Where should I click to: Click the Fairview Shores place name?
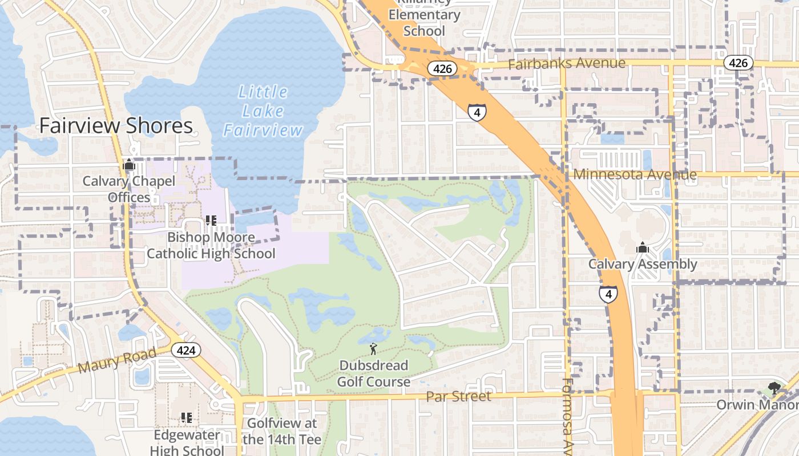point(116,126)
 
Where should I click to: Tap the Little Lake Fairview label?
point(263,111)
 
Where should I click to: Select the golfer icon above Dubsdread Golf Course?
point(373,349)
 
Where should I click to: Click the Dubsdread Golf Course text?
point(373,373)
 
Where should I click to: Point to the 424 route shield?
point(186,350)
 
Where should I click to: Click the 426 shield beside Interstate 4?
point(442,69)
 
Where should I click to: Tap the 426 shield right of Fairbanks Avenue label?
point(738,63)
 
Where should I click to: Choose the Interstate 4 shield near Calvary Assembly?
point(608,294)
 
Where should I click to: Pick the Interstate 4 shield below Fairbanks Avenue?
point(477,112)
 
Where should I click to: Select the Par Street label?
point(459,396)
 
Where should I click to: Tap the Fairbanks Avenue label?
point(567,63)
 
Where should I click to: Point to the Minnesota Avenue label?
point(635,174)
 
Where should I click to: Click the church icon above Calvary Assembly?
point(643,248)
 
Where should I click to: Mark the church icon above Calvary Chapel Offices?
point(129,166)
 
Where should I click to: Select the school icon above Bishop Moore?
point(211,221)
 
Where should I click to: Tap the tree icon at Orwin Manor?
point(774,389)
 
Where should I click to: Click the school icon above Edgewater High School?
point(186,418)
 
